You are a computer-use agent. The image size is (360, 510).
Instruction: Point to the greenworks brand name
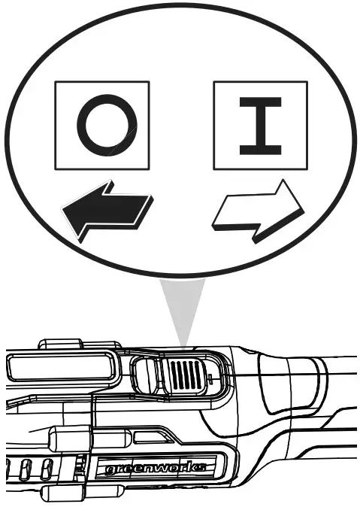click(154, 469)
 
